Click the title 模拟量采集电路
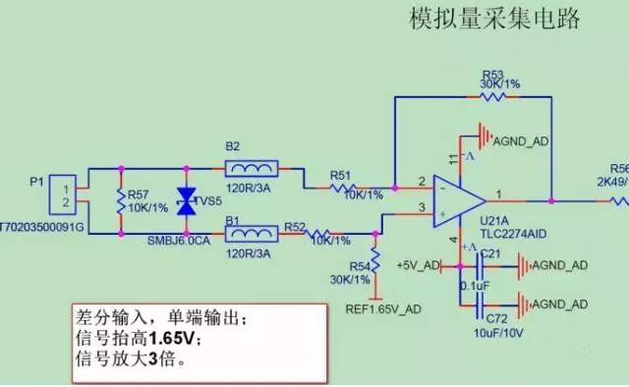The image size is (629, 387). pyautogui.click(x=494, y=19)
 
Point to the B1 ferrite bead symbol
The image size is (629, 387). pyautogui.click(x=252, y=236)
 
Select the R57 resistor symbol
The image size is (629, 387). pyautogui.click(x=121, y=202)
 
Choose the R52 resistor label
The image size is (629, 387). pyautogui.click(x=295, y=226)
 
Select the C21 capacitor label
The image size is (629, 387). pyautogui.click(x=491, y=254)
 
